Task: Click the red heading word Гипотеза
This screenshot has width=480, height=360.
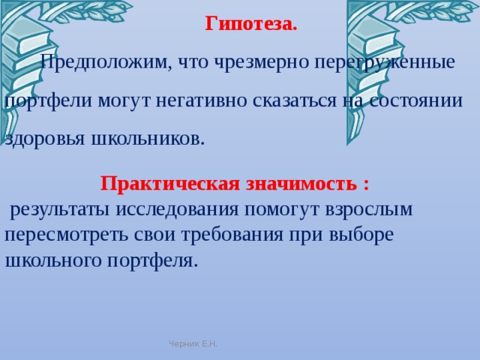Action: point(250,24)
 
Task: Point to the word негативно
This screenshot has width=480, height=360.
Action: point(193,101)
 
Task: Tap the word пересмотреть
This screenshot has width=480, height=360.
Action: point(55,235)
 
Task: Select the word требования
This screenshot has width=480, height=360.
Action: point(229,235)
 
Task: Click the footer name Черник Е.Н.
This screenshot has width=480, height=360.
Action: point(193,343)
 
